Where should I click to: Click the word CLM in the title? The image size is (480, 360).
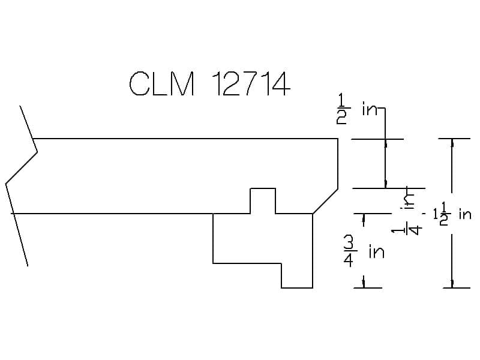tap(161, 83)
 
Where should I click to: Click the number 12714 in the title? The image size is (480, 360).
tap(251, 83)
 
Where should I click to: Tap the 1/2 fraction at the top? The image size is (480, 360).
tap(341, 109)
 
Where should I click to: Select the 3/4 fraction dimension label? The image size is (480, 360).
tap(349, 252)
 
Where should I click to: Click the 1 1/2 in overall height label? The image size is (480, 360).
tap(452, 214)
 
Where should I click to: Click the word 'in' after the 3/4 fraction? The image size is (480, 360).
tap(377, 251)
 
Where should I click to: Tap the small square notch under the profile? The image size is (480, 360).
tap(263, 201)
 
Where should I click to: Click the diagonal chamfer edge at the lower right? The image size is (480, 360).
tap(325, 201)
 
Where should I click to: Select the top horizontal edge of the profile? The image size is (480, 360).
tap(185, 139)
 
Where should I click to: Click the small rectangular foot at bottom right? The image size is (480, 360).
tap(297, 275)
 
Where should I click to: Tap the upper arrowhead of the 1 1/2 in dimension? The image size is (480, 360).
tap(452, 143)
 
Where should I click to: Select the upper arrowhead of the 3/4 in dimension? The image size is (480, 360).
tap(364, 217)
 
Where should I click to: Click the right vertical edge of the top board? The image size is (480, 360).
tap(338, 164)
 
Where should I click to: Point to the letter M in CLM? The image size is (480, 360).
tap(184, 83)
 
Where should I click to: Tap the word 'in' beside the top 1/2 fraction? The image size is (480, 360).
tap(370, 109)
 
